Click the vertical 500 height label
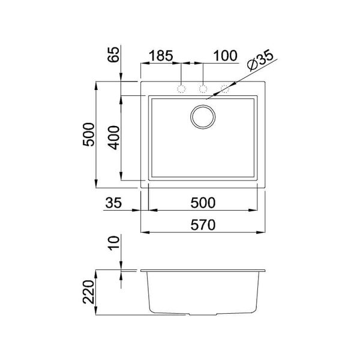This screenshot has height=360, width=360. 88,135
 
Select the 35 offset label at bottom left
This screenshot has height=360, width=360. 113,203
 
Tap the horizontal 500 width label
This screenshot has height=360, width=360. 203,203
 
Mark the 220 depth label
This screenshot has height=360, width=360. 88,292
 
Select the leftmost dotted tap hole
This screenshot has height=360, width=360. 181,89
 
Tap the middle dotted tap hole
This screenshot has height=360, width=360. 203,89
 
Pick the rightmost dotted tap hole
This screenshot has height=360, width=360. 226,89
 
